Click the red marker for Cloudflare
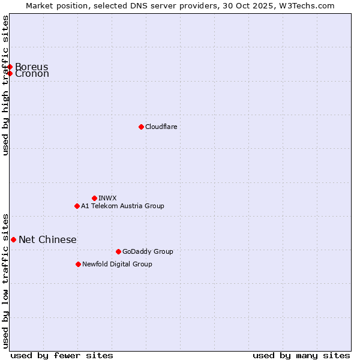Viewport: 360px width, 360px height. click(x=141, y=127)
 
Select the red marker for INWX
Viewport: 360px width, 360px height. click(x=94, y=198)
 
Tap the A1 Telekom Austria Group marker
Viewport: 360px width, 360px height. click(x=77, y=206)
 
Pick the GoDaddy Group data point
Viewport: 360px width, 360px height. click(x=118, y=251)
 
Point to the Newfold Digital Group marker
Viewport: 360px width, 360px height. click(x=78, y=264)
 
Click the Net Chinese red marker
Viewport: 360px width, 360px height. click(x=13, y=239)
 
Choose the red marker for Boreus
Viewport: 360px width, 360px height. click(x=10, y=67)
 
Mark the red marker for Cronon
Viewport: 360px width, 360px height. click(x=10, y=73)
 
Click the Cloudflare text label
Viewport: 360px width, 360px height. click(x=161, y=127)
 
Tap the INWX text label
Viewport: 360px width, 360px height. click(x=107, y=198)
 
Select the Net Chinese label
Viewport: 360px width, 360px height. click(x=47, y=239)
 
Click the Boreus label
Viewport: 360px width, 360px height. click(x=32, y=67)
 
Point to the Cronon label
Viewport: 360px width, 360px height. click(x=32, y=74)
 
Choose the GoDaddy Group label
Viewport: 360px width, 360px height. click(x=148, y=251)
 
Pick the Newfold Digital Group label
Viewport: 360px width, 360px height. click(x=117, y=264)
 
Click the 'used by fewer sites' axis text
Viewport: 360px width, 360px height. click(x=62, y=355)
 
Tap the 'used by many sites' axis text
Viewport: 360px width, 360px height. click(x=301, y=355)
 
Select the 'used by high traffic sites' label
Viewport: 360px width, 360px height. click(x=5, y=85)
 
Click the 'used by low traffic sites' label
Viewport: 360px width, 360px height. click(x=5, y=280)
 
